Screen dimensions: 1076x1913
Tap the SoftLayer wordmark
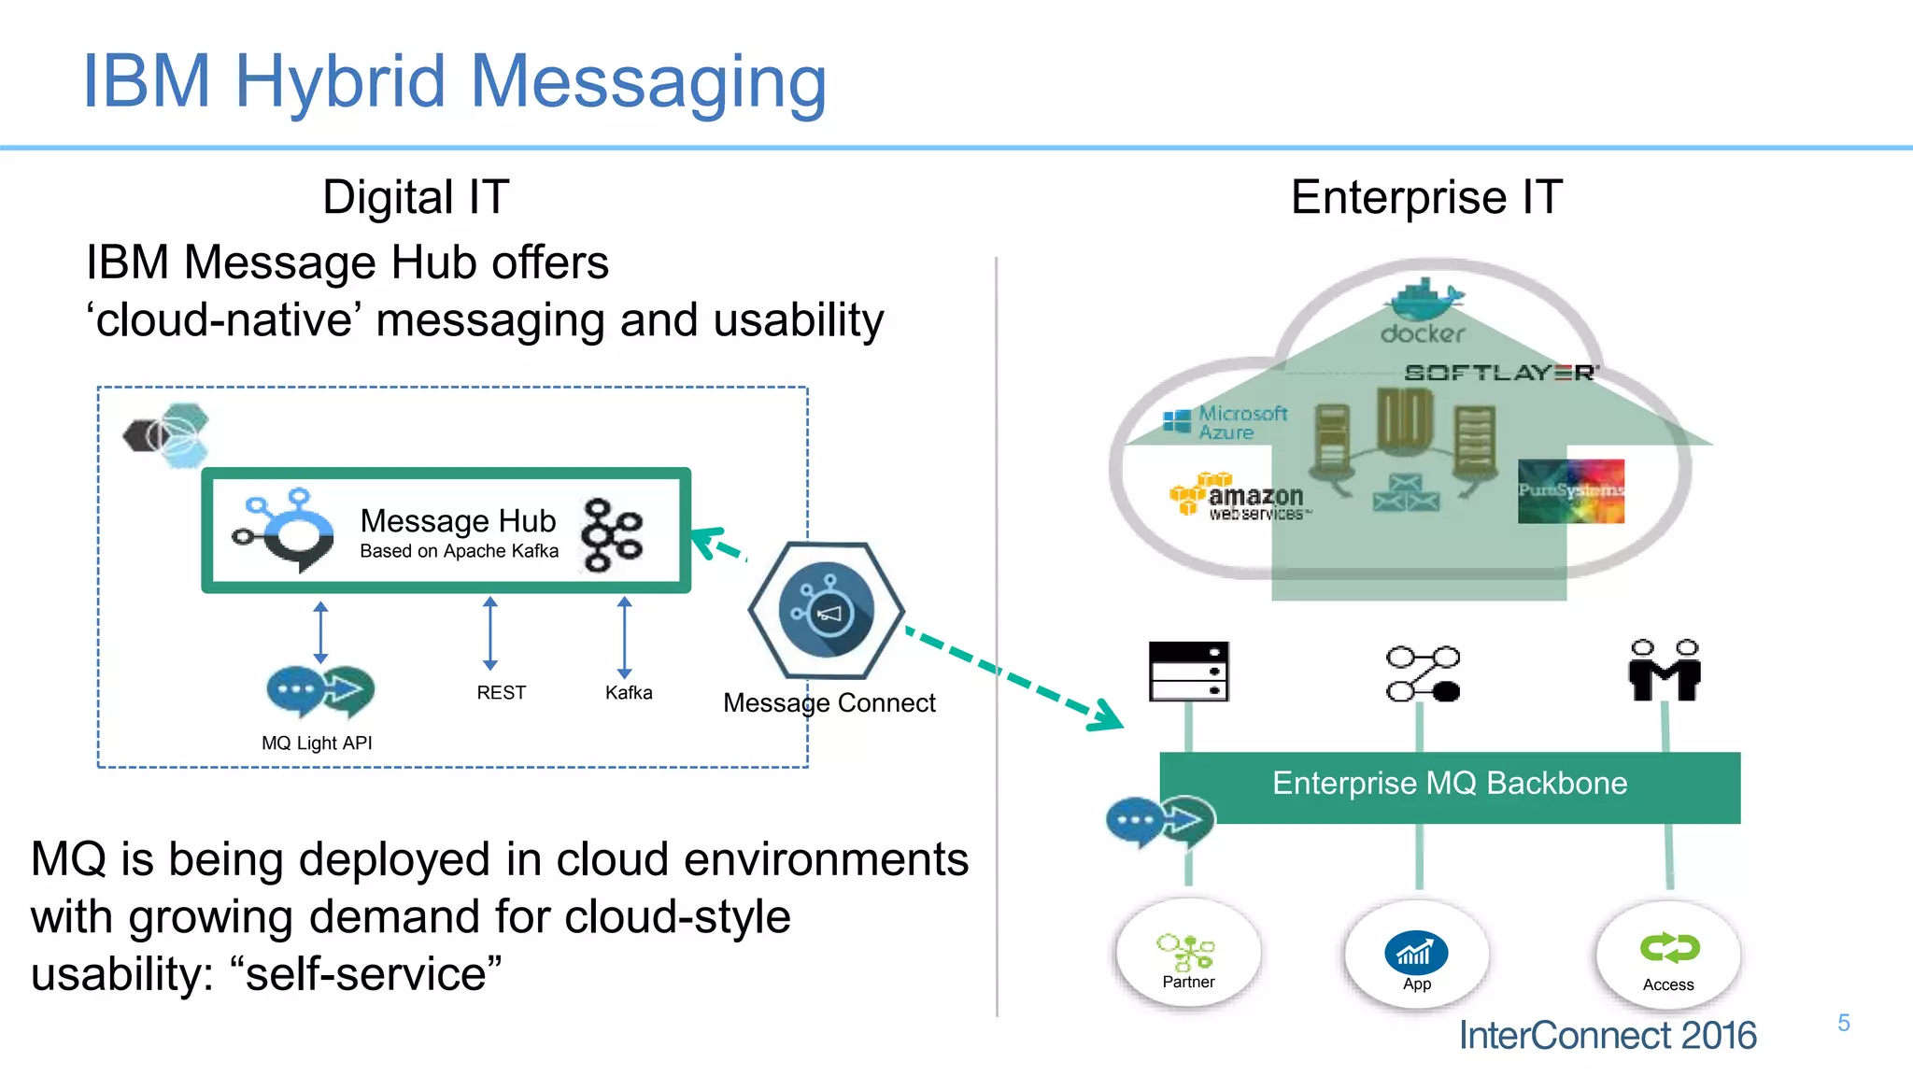tap(1501, 373)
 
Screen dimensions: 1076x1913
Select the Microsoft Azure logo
tap(1226, 422)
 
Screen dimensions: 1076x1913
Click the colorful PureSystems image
tap(1570, 490)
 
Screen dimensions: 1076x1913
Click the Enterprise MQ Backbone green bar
tap(1450, 784)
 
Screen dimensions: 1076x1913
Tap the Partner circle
tap(1188, 954)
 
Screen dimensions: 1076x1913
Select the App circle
tap(1416, 956)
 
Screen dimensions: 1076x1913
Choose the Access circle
tap(1668, 956)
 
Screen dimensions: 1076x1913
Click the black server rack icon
tap(1188, 671)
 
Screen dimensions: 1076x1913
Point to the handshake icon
tap(1664, 671)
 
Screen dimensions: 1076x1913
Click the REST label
tap(501, 693)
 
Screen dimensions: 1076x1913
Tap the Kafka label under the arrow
tap(629, 693)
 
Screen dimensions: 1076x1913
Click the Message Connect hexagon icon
tap(826, 611)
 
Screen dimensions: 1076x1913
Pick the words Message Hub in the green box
tap(458, 520)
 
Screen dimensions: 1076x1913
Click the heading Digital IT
tap(416, 198)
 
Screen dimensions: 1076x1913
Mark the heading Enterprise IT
tap(1426, 198)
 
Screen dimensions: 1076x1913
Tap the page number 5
tap(1843, 1023)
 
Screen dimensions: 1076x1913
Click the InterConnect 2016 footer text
tap(1607, 1036)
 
